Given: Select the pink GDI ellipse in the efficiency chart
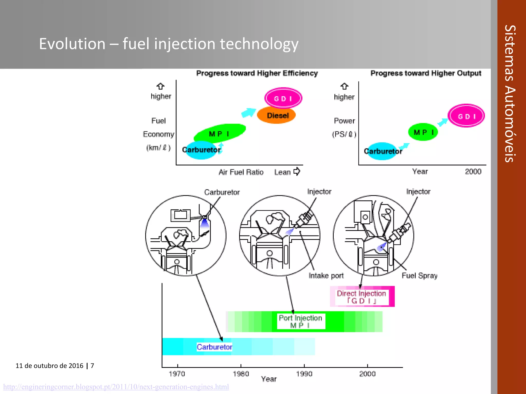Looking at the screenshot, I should coord(283,98).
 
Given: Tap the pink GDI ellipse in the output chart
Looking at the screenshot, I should coord(466,116).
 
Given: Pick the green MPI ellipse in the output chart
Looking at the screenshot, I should coord(423,132).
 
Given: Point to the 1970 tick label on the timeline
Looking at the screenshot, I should coord(177,374).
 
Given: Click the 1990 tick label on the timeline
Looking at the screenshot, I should coord(304,374).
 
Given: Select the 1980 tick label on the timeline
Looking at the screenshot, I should coord(241,374).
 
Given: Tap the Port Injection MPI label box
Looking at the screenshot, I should coord(301,321).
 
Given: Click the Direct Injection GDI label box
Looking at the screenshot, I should coord(361,297).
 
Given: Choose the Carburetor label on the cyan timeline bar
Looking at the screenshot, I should coord(214,347).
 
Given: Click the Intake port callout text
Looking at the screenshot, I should coord(326,275).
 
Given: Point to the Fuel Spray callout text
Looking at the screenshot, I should coord(419,275).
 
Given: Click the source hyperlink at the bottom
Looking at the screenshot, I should coord(116,387).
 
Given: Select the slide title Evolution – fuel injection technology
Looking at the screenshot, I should coord(169,44).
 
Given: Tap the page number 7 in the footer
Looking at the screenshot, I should coord(92,366).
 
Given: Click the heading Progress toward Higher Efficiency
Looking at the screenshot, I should coord(257,73).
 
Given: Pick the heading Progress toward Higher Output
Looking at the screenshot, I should coord(426,73).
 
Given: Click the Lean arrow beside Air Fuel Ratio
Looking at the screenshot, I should coord(297,171).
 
